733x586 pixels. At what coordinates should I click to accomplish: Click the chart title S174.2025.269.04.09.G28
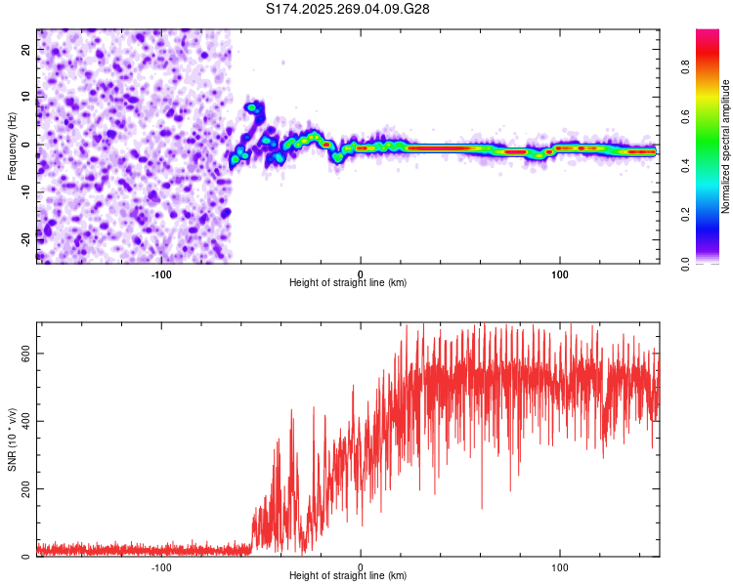(348, 9)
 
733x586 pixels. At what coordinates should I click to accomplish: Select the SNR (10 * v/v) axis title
(12, 439)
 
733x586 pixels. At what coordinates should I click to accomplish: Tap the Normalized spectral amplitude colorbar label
(726, 146)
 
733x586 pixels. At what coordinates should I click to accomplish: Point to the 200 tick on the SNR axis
(23, 489)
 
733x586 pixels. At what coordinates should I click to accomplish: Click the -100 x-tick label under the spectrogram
(161, 274)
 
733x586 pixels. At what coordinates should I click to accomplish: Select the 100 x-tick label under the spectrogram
(560, 274)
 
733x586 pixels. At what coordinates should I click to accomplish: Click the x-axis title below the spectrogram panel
(348, 283)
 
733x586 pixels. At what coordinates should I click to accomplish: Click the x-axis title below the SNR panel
(348, 576)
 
